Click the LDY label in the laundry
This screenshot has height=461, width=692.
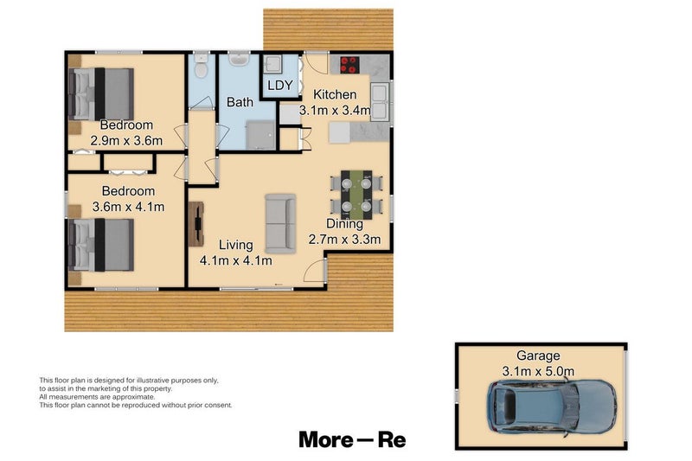pyautogui.click(x=279, y=85)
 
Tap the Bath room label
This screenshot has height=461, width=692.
pyautogui.click(x=240, y=102)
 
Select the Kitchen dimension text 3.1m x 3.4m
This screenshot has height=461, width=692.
pyautogui.click(x=335, y=110)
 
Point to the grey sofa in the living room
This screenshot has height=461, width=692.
pyautogui.click(x=279, y=221)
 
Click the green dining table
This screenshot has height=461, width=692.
pyautogui.click(x=356, y=194)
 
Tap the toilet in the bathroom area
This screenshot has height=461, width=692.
pyautogui.click(x=201, y=67)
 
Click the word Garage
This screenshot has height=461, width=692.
pyautogui.click(x=539, y=355)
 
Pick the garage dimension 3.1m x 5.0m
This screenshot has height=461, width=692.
pyautogui.click(x=539, y=371)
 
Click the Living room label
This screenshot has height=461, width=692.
pyautogui.click(x=236, y=244)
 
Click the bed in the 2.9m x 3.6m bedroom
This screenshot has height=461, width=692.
pyautogui.click(x=102, y=93)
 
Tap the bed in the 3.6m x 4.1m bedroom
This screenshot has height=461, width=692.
pyautogui.click(x=102, y=245)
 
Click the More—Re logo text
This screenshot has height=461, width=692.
pyautogui.click(x=352, y=439)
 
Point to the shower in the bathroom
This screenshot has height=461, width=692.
pyautogui.click(x=259, y=135)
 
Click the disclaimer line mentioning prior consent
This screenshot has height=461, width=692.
pyautogui.click(x=136, y=405)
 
